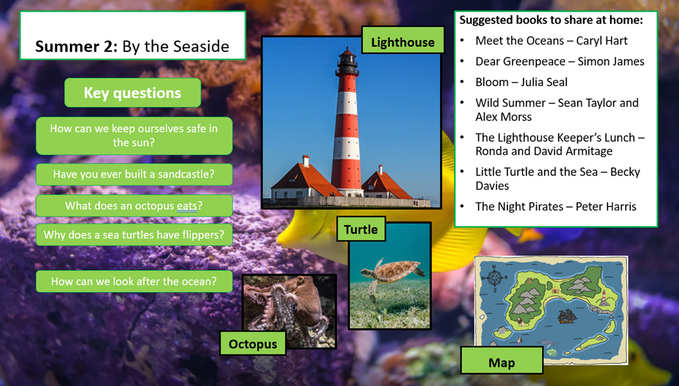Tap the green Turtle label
(361, 229)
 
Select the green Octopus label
(253, 344)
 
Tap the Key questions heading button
(132, 93)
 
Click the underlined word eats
(186, 206)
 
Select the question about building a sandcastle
(134, 174)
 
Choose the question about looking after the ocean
(134, 281)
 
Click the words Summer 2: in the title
(77, 46)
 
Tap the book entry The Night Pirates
(556, 207)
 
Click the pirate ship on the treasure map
(566, 317)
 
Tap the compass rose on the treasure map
(494, 277)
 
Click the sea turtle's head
(367, 273)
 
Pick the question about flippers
(134, 235)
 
